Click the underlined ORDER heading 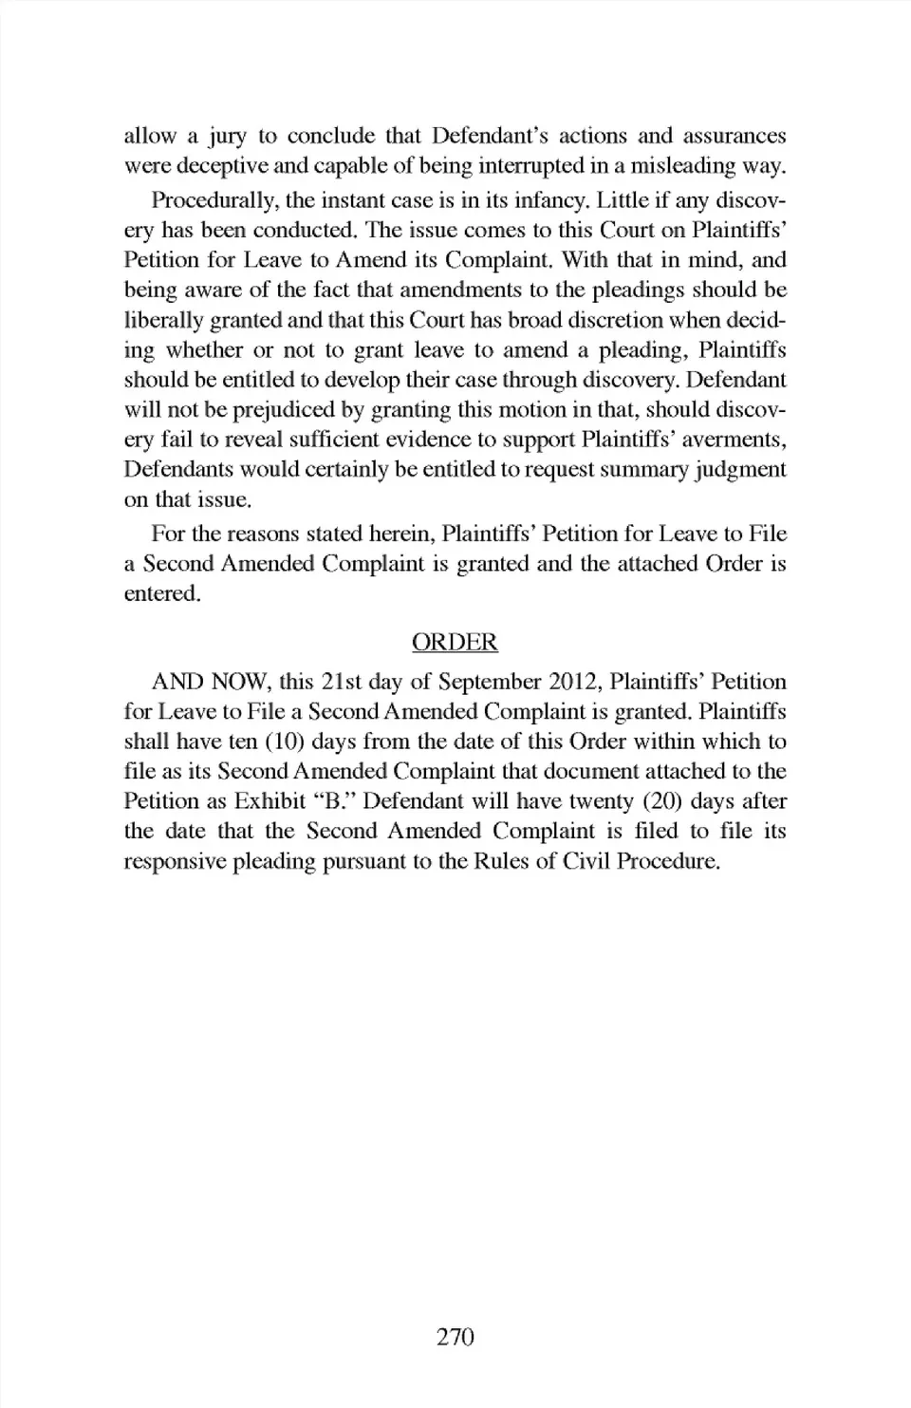tap(455, 643)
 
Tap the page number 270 tap(455, 1337)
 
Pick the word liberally tap(160, 321)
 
